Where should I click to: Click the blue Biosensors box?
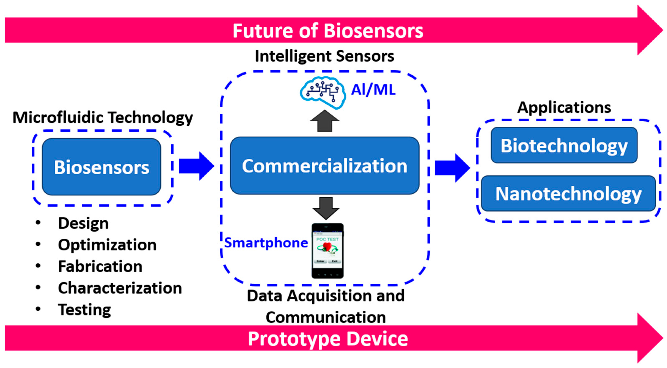101,167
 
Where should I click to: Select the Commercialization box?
325,166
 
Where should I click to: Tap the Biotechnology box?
564,145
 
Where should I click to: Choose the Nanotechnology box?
568,193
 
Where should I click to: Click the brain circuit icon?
323,92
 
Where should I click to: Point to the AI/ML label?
373,90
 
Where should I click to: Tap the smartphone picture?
327,251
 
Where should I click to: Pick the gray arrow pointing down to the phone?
326,208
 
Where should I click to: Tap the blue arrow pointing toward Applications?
452,168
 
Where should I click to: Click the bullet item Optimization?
107,245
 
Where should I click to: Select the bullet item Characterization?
120,288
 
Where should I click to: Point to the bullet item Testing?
84,309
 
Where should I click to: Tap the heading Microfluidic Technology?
103,117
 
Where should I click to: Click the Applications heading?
564,107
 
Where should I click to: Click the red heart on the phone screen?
327,246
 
